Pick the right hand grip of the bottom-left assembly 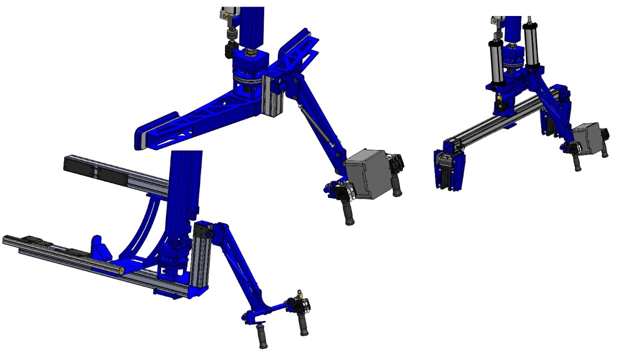pyautogui.click(x=302, y=324)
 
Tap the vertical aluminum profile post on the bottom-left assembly pyautogui.click(x=200, y=260)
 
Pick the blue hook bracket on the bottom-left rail pyautogui.click(x=98, y=247)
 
